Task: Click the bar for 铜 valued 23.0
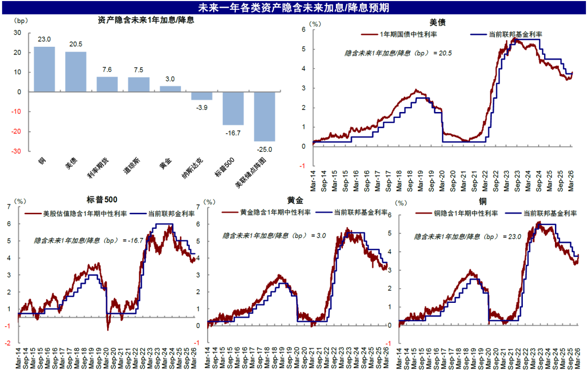pyautogui.click(x=44, y=69)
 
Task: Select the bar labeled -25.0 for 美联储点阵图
pyautogui.click(x=264, y=116)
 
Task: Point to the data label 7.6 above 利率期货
pyautogui.click(x=107, y=70)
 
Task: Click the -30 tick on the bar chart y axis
pyautogui.click(x=17, y=151)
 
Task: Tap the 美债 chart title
pyautogui.click(x=438, y=22)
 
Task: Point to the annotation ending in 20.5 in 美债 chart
pyautogui.click(x=398, y=53)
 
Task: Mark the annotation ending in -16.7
pyautogui.click(x=88, y=240)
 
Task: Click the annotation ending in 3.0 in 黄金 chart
pyautogui.click(x=274, y=235)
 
